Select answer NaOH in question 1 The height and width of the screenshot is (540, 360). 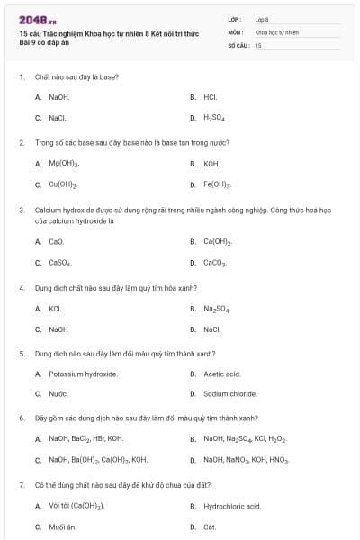58,97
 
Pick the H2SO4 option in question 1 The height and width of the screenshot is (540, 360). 214,118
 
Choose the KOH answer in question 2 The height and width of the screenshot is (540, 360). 211,164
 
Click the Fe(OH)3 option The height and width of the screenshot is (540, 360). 217,184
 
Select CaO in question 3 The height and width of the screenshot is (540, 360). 56,242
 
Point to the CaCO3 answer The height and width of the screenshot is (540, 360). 215,263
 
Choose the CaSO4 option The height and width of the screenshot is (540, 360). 60,263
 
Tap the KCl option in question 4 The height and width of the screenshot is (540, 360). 55,309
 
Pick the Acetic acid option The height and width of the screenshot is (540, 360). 221,373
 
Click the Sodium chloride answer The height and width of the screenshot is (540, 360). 229,394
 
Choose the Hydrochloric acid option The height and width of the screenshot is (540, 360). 231,506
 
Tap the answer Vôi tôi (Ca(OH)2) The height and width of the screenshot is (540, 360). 76,506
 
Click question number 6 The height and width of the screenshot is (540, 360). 22,418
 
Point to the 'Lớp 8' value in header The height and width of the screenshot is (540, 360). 262,18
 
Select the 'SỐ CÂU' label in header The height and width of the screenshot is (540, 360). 238,44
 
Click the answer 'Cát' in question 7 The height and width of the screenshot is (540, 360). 210,526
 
